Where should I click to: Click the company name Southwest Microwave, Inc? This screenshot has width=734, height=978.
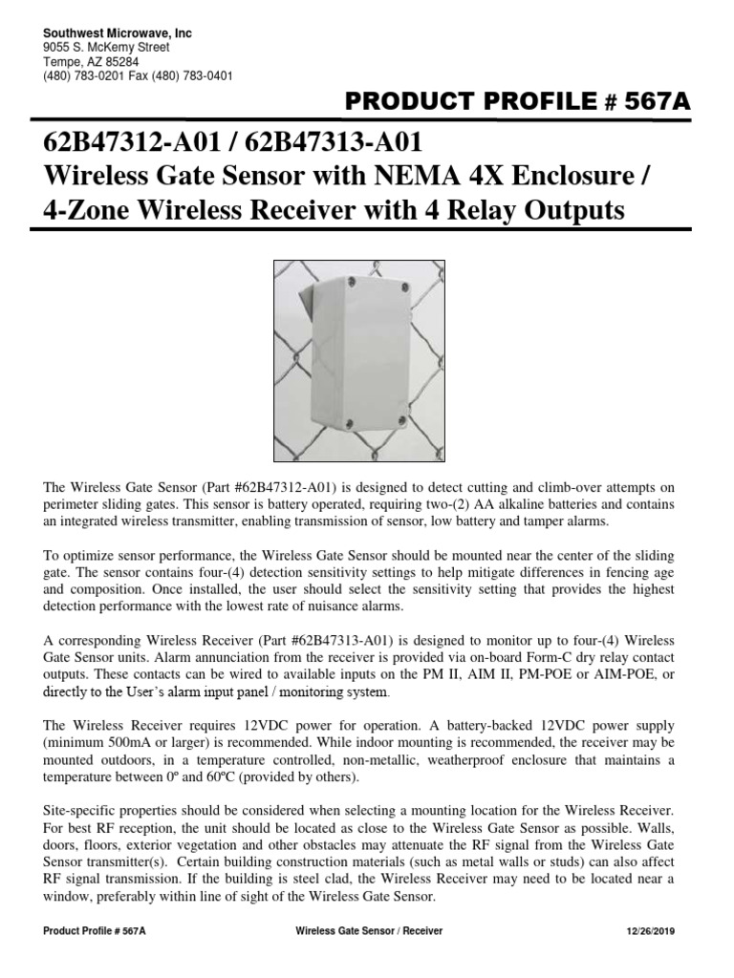tap(118, 33)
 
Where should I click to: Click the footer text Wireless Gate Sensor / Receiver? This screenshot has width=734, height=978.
tap(369, 932)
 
